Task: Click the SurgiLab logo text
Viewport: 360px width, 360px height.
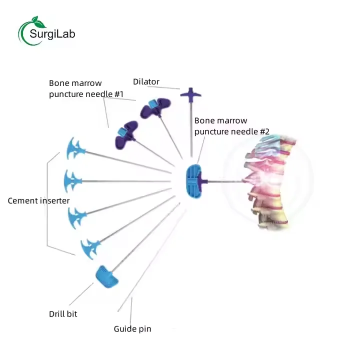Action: coord(52,34)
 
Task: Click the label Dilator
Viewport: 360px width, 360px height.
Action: coord(146,81)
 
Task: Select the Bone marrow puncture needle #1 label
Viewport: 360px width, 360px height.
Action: coord(86,88)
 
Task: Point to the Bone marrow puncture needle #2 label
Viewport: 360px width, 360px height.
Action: coord(232,126)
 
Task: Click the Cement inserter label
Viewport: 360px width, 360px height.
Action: coord(38,200)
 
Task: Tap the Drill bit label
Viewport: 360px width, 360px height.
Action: coord(63,314)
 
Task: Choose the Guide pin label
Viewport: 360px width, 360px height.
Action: coord(132,329)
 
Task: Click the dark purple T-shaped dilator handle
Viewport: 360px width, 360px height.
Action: coord(190,93)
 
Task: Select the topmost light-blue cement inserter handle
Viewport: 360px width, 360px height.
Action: coord(73,148)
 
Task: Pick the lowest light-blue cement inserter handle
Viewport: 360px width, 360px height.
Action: coord(90,247)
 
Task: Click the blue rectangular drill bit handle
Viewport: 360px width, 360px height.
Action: coord(107,277)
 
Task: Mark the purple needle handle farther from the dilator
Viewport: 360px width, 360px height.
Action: coord(126,133)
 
